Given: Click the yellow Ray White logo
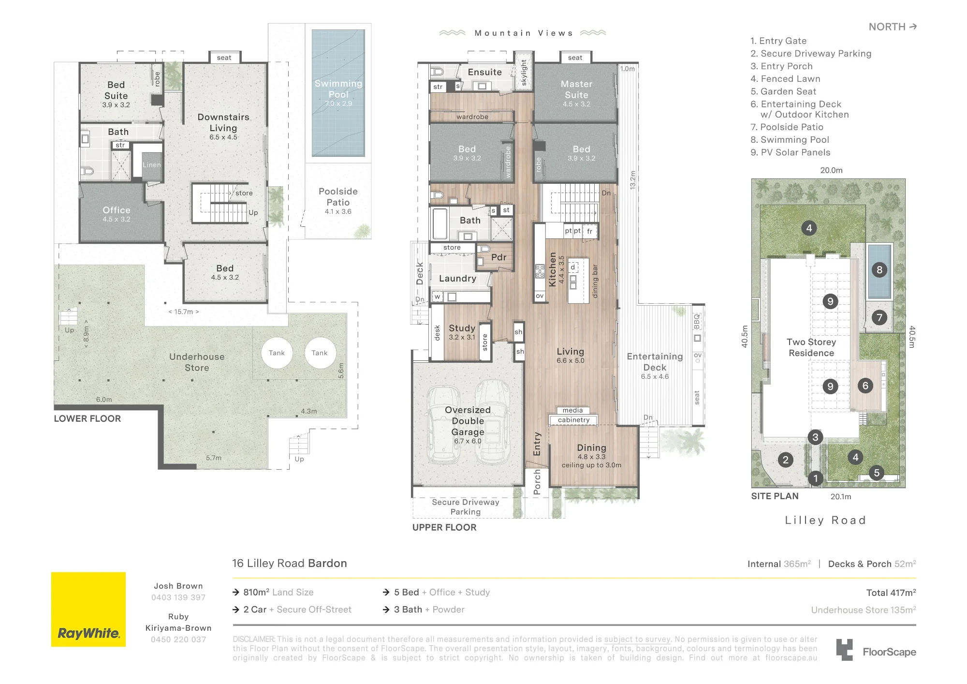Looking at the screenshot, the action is click(88, 610).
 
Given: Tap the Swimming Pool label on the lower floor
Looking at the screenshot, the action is click(338, 89).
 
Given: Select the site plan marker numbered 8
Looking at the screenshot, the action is click(879, 270).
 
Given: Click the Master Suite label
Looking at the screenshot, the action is click(576, 89).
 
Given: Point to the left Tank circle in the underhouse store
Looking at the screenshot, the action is click(277, 353).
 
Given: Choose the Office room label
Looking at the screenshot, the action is click(117, 210).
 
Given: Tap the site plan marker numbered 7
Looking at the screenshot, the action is click(879, 317).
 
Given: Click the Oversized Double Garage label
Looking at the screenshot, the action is click(468, 421).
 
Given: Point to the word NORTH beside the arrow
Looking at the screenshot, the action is click(887, 27).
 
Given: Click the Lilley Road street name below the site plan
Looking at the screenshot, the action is click(825, 520).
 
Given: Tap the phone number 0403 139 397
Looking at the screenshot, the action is click(178, 597).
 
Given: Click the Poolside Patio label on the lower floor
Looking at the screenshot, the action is click(338, 197).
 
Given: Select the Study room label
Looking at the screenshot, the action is click(462, 328).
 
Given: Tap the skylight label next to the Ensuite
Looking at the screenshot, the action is click(524, 73).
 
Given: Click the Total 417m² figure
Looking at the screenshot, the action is click(891, 593).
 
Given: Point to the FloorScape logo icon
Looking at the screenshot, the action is click(845, 650).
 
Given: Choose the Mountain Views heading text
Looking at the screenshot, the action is click(524, 33).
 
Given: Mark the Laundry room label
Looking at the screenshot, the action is click(457, 279).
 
